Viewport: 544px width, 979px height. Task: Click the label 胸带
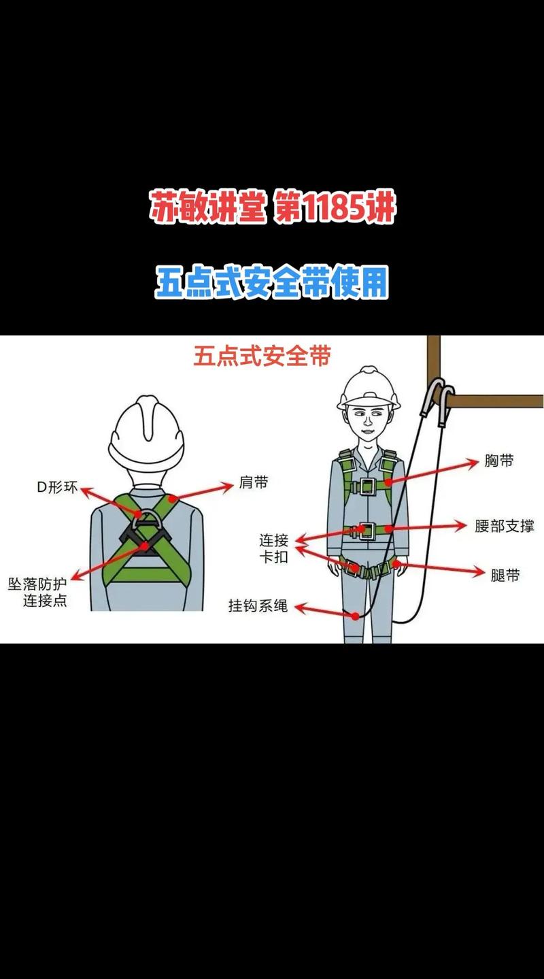(498, 461)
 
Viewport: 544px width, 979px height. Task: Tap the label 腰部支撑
(504, 525)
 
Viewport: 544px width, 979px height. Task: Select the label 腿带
(505, 575)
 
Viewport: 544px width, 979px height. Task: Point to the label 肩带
(254, 483)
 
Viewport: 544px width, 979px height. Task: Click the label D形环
(57, 487)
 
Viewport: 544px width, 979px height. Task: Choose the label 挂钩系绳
(258, 605)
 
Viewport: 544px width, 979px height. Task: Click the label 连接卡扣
(273, 548)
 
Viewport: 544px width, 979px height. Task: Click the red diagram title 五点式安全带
(262, 356)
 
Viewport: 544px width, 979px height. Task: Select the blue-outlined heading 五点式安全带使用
(272, 282)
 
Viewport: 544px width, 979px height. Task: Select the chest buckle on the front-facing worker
(367, 485)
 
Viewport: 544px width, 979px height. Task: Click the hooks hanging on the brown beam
(439, 400)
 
